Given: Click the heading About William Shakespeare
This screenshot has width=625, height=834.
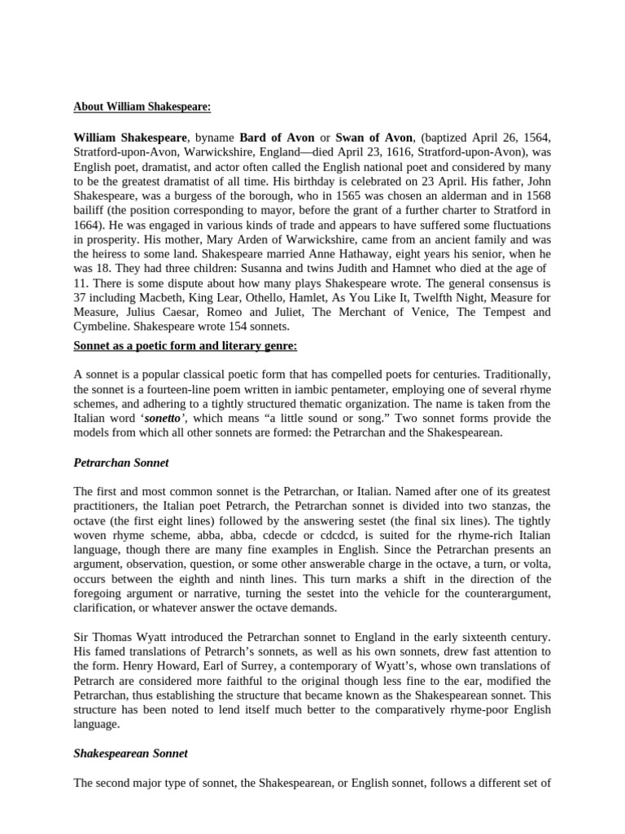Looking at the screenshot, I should tap(142, 107).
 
